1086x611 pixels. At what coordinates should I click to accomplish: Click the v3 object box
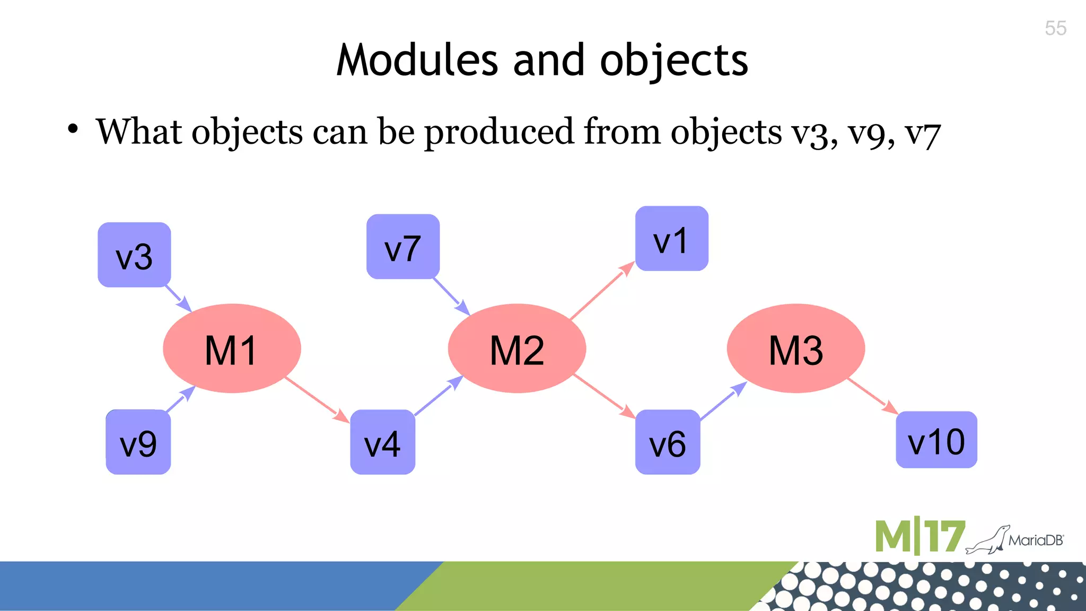click(134, 255)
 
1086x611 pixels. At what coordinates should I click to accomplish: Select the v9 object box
click(138, 442)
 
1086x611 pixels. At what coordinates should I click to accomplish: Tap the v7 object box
click(403, 247)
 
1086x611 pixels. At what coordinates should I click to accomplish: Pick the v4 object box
click(382, 442)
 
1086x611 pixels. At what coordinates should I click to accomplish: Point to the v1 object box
click(672, 239)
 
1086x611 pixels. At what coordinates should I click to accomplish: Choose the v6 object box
click(668, 442)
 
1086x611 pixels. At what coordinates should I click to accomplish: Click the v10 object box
click(936, 440)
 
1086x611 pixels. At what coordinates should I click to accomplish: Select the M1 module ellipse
click(232, 348)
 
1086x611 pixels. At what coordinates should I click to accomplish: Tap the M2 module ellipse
click(517, 348)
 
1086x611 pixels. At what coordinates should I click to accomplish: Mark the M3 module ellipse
click(796, 348)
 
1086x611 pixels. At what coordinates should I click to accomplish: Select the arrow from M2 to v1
click(602, 291)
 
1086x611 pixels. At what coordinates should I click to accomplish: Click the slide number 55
click(1055, 28)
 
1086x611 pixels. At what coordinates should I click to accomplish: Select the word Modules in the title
click(417, 60)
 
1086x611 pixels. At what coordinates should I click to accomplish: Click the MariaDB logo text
click(1036, 540)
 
